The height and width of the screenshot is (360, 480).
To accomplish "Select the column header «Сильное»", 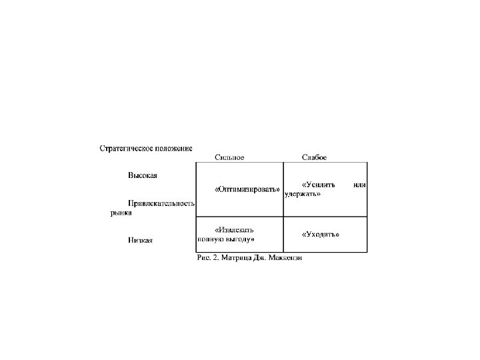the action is [x=229, y=158].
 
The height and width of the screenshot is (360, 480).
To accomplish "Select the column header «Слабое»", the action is [x=314, y=158].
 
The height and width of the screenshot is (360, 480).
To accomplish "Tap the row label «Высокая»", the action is [x=143, y=176].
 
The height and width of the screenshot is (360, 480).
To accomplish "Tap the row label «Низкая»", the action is [x=141, y=240].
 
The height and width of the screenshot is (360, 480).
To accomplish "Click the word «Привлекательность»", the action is [x=161, y=203].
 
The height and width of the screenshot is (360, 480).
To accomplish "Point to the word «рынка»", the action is [x=121, y=213].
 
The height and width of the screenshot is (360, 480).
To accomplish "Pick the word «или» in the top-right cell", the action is [x=360, y=184].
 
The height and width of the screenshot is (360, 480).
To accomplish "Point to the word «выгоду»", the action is [x=239, y=239].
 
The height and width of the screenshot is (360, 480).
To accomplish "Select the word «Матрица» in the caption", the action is [x=236, y=258].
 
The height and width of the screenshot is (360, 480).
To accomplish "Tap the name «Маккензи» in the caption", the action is [x=285, y=258].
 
